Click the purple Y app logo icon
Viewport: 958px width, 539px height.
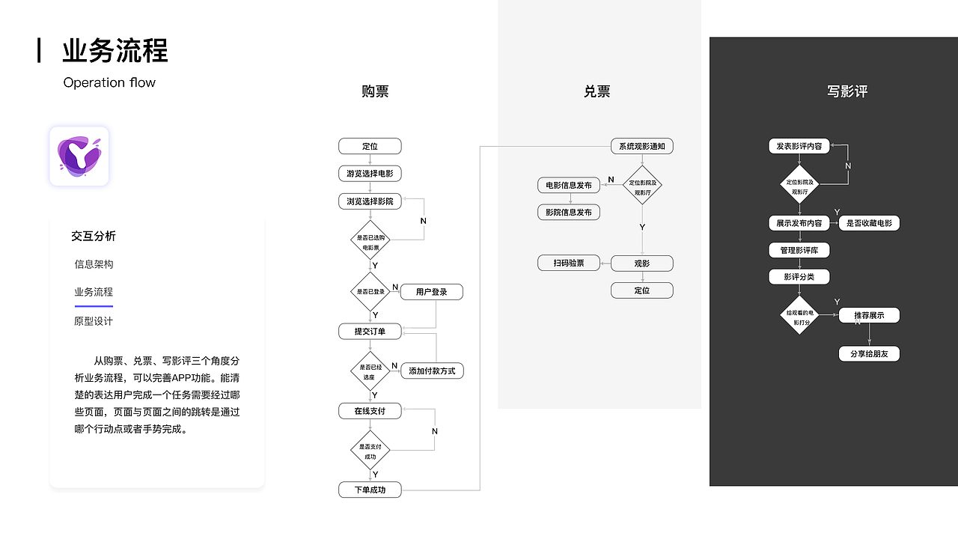[79, 156]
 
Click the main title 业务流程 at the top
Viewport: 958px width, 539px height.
[115, 51]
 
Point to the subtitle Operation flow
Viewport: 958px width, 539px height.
[109, 82]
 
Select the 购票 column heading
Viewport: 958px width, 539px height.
[375, 91]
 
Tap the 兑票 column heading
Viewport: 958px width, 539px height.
[597, 91]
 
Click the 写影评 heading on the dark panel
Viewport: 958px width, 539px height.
[847, 91]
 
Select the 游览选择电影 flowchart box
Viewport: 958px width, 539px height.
[370, 174]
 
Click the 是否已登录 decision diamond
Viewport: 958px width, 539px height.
[370, 291]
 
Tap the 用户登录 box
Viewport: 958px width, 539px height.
[432, 292]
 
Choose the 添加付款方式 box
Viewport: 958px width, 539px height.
[432, 371]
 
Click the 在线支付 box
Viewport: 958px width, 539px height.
[370, 411]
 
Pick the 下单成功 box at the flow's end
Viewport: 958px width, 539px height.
[370, 490]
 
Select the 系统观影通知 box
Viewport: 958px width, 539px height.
[641, 146]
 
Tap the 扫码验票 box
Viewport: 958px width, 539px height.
[569, 263]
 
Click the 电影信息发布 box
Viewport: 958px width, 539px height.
[569, 185]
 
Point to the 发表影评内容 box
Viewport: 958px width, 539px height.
[799, 146]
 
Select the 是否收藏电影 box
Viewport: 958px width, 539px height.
[869, 223]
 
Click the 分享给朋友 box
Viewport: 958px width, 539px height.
[869, 354]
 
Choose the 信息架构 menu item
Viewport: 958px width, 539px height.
[94, 264]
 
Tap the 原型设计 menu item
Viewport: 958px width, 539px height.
[94, 321]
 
